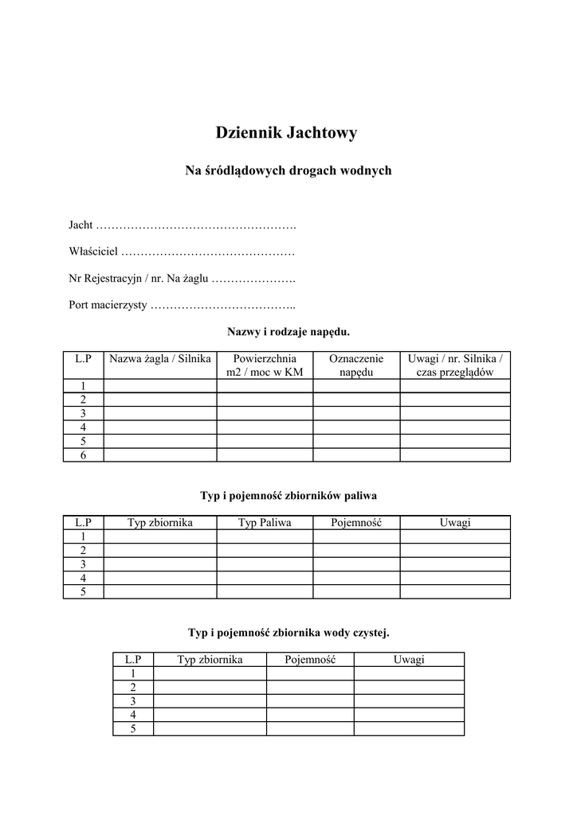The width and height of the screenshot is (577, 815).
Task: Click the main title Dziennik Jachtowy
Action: pyautogui.click(x=286, y=133)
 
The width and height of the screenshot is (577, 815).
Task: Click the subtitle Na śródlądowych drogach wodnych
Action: pyautogui.click(x=288, y=171)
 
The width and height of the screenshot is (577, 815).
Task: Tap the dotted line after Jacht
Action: pyautogui.click(x=196, y=226)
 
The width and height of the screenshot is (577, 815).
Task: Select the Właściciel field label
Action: pyautogui.click(x=93, y=252)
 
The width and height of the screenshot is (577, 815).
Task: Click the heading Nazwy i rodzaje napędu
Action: pyautogui.click(x=288, y=330)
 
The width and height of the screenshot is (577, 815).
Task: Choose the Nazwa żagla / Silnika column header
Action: pyautogui.click(x=160, y=359)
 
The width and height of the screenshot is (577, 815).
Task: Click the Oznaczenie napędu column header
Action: pyautogui.click(x=355, y=365)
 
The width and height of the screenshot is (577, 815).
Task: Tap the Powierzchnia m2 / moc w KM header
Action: pyautogui.click(x=265, y=365)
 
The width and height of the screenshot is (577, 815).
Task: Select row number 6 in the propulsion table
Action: pyautogui.click(x=83, y=455)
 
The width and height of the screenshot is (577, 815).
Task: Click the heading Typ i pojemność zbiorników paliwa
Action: pyautogui.click(x=288, y=495)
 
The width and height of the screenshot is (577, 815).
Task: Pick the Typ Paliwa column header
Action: pyautogui.click(x=265, y=522)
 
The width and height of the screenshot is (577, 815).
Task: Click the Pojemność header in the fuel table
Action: pyautogui.click(x=355, y=522)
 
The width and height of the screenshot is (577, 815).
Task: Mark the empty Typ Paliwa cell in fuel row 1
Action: pyautogui.click(x=265, y=536)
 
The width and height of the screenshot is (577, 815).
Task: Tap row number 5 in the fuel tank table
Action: pyautogui.click(x=83, y=592)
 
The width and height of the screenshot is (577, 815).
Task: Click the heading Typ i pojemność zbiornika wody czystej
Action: pyautogui.click(x=288, y=633)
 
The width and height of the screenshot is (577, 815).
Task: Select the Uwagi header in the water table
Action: pyautogui.click(x=409, y=659)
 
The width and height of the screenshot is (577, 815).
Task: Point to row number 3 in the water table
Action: pyautogui.click(x=133, y=701)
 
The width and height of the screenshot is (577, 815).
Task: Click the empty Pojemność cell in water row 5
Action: pyautogui.click(x=310, y=729)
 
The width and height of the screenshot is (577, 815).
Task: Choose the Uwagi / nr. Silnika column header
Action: pyautogui.click(x=454, y=365)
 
